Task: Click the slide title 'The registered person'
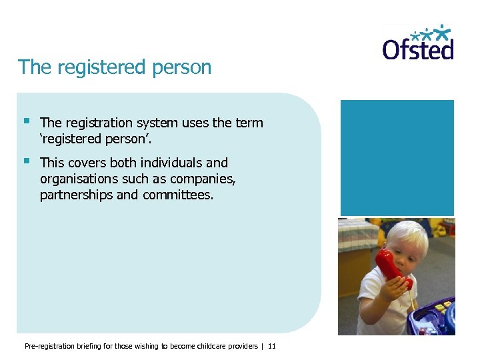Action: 115,67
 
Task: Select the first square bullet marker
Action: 26,121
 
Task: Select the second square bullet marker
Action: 26,161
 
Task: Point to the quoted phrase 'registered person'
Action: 99,139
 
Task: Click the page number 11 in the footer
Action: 271,346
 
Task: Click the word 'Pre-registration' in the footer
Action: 47,346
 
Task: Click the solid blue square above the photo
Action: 397,157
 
